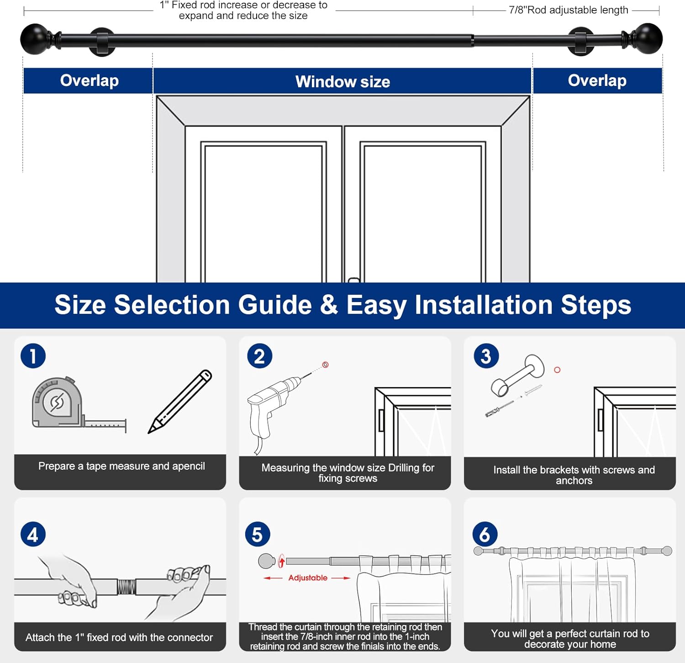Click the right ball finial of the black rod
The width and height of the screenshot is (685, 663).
click(x=648, y=38)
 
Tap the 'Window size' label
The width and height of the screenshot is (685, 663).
click(x=342, y=82)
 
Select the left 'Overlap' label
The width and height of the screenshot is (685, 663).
click(x=89, y=80)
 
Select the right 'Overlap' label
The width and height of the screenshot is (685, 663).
click(x=597, y=80)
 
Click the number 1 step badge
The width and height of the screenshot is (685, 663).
click(x=33, y=356)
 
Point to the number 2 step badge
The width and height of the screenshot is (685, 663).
click(x=259, y=356)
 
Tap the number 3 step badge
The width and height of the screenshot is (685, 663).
click(x=486, y=356)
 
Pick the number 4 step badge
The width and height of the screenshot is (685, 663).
click(x=33, y=534)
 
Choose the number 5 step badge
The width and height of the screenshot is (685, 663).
click(x=258, y=534)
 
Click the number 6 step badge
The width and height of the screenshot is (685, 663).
click(x=485, y=534)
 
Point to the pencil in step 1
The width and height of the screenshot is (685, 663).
click(x=179, y=402)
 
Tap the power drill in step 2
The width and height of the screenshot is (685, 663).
click(x=269, y=407)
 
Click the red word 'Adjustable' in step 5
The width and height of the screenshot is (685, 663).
click(x=308, y=578)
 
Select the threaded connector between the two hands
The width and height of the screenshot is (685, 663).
click(x=126, y=586)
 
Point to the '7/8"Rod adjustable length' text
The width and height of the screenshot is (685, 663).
click(x=569, y=10)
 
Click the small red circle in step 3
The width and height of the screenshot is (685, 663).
click(x=557, y=370)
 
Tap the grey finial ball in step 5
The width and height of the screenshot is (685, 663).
click(x=266, y=561)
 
